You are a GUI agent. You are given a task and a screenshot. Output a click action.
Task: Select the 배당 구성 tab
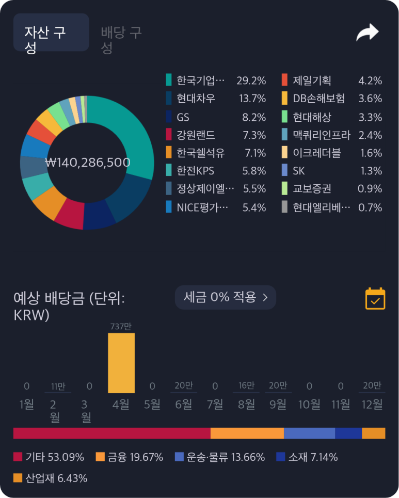pos(121,40)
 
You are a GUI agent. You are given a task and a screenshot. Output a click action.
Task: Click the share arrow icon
pos(367,33)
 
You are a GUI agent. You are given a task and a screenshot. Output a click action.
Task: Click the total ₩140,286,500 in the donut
pos(87,163)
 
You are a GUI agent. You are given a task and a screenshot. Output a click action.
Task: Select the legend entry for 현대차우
pos(196,99)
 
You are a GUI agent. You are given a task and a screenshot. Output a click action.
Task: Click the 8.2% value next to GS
pos(254,117)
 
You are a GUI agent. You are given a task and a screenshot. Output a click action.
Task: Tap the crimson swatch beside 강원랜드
pos(169,135)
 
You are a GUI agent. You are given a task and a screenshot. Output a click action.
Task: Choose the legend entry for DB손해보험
pos(318,99)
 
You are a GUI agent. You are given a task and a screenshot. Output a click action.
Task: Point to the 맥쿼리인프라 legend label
pos(321,135)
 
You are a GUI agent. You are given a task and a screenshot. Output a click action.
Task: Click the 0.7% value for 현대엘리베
pos(370,207)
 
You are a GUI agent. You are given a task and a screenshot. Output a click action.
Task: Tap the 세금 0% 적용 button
pos(226,297)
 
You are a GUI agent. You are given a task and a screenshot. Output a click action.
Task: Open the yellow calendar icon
pos(375,298)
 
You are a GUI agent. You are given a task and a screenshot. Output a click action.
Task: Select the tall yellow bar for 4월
pos(121,363)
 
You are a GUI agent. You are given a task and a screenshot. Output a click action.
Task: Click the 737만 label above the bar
pos(121,326)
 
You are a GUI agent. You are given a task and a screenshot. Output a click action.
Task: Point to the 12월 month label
pos(372,405)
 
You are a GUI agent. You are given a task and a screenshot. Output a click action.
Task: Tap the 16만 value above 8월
pos(246,385)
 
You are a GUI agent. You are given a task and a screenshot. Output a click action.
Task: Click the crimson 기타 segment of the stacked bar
pos(111,433)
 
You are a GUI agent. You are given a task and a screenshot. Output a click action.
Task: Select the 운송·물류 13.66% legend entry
pos(220,457)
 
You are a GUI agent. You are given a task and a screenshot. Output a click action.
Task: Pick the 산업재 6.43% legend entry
pos(50,478)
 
